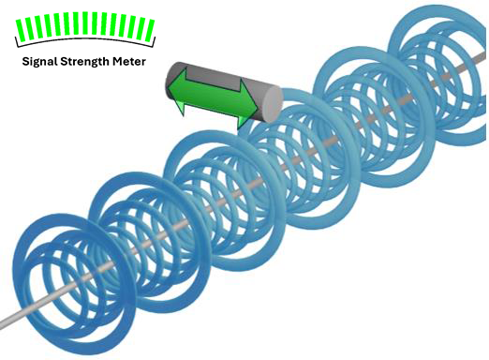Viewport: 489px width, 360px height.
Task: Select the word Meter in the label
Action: [x=129, y=61]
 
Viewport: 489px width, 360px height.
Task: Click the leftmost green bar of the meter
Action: [x=21, y=30]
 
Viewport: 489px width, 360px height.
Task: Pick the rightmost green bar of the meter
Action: [x=150, y=30]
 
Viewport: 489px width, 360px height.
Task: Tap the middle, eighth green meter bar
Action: [x=85, y=23]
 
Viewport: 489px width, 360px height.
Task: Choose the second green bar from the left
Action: [x=30, y=27]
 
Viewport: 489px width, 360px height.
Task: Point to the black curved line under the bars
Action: [x=85, y=39]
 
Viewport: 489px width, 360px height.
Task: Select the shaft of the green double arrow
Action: [x=213, y=97]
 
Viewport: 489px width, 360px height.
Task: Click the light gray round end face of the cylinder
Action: [x=273, y=104]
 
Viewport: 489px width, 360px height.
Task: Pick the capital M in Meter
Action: [x=117, y=61]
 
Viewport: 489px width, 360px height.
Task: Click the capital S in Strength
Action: [x=63, y=61]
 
